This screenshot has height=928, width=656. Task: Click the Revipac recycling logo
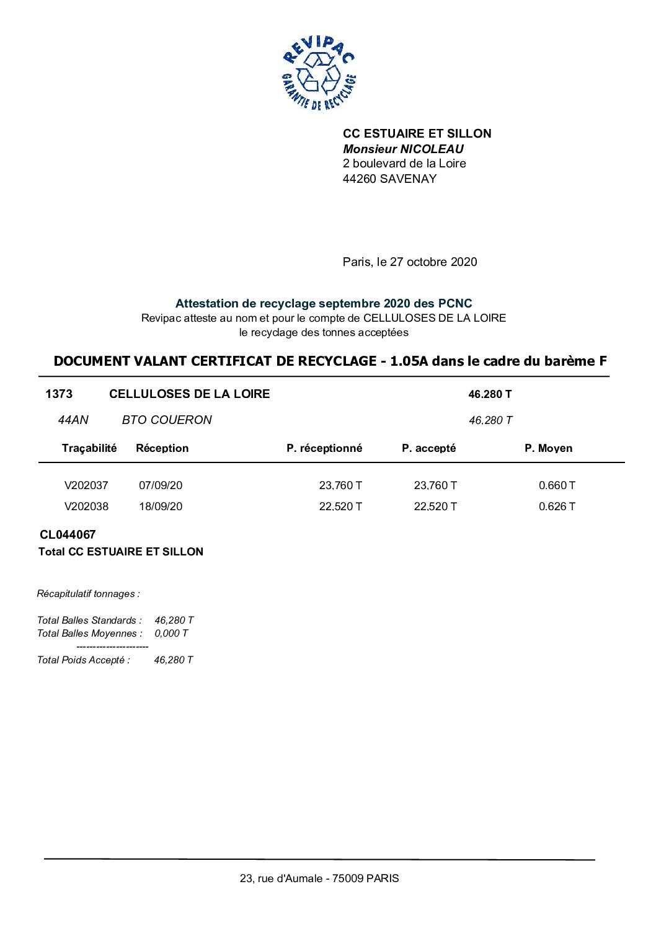click(x=318, y=73)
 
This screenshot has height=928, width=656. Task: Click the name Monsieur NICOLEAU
click(x=403, y=149)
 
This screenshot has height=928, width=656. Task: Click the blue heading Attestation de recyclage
click(x=323, y=303)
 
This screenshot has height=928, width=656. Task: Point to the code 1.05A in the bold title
click(x=409, y=361)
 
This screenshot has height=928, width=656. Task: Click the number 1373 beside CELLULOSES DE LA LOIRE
click(x=59, y=394)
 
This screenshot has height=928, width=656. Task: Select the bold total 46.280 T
click(x=490, y=394)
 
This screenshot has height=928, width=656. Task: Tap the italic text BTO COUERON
click(x=167, y=420)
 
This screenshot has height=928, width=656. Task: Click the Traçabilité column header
click(x=89, y=448)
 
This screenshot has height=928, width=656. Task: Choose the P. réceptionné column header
click(x=324, y=448)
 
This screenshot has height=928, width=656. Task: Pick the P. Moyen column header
click(x=548, y=448)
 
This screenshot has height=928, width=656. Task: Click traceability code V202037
click(x=86, y=485)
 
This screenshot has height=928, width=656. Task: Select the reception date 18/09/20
click(x=161, y=506)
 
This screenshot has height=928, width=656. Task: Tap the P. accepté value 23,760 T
click(x=435, y=485)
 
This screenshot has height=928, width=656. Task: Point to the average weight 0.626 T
click(x=557, y=506)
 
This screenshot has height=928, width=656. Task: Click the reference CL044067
click(x=68, y=534)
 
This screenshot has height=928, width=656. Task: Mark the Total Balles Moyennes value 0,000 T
click(x=171, y=633)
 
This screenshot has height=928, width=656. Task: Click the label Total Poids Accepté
click(x=84, y=660)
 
